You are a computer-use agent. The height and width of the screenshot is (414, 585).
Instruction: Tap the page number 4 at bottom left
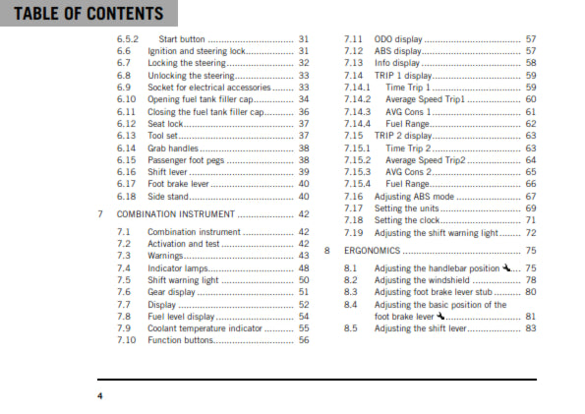click(99, 395)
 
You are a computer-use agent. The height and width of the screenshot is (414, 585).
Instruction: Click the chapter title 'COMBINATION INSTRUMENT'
click(175, 213)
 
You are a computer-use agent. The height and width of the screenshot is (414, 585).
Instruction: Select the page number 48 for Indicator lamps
click(303, 267)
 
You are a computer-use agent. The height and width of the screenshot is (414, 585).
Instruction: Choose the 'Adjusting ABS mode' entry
click(418, 197)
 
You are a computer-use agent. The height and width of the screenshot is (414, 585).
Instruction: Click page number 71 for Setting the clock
click(530, 221)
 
